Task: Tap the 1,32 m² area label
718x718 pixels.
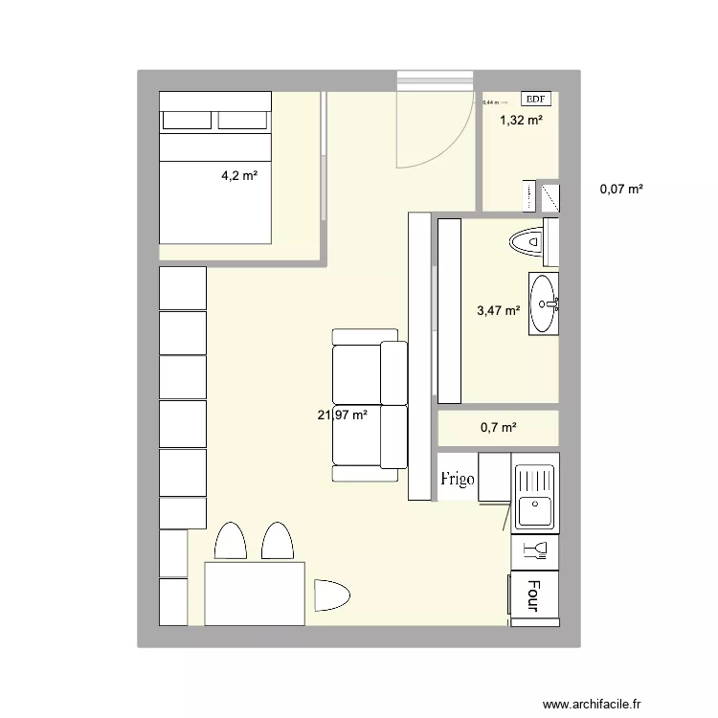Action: coord(522,120)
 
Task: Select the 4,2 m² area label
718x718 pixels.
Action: coord(239,175)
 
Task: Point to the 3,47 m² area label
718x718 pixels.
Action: coord(499,310)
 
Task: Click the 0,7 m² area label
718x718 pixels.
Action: coord(499,428)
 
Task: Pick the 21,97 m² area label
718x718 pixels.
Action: coord(343,415)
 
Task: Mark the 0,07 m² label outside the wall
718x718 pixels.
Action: coord(621,190)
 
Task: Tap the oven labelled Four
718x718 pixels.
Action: coord(534,596)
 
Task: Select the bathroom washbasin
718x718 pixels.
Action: coord(544,304)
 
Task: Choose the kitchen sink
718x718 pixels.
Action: coord(534,497)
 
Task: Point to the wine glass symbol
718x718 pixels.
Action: coord(534,550)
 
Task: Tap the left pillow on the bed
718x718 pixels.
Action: coord(187,120)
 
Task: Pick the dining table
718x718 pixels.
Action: coord(255,594)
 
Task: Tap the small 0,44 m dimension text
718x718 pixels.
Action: coord(491,102)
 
